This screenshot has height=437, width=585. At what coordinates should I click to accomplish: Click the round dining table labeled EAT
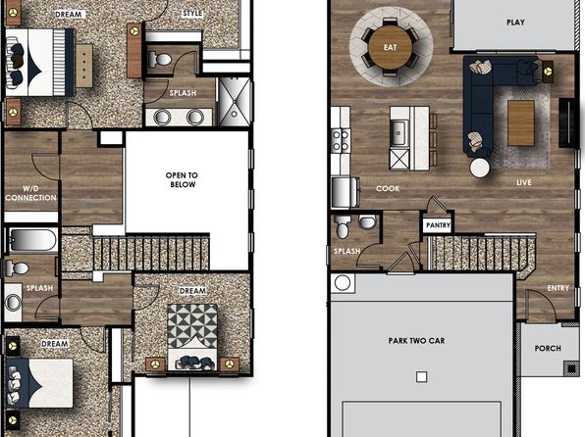(391, 47)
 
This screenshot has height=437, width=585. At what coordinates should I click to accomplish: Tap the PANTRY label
(438, 225)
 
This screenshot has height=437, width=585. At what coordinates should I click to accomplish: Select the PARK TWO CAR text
(416, 341)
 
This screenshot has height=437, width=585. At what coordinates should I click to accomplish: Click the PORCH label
(548, 349)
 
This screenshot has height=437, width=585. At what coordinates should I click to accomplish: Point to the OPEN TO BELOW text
(182, 179)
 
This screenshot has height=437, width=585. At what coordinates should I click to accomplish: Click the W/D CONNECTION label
(30, 193)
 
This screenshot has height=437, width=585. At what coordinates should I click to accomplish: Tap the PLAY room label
(515, 23)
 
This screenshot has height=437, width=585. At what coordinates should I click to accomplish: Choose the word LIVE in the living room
(524, 182)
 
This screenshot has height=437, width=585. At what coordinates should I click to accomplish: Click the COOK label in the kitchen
(388, 188)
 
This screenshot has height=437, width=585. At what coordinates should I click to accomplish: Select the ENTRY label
(558, 288)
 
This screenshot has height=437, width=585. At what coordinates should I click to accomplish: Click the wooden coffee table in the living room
(521, 123)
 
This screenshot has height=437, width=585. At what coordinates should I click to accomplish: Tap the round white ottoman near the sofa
(480, 168)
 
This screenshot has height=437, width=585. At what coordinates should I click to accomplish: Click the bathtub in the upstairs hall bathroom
(32, 240)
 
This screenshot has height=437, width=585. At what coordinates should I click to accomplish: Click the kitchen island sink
(399, 133)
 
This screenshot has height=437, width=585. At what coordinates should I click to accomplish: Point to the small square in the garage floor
(422, 377)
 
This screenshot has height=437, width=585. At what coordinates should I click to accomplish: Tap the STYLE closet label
(192, 14)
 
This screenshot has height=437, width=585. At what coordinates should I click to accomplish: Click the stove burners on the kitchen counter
(341, 140)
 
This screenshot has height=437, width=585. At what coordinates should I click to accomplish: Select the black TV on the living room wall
(566, 122)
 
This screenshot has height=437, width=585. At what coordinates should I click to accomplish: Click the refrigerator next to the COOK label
(346, 192)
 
